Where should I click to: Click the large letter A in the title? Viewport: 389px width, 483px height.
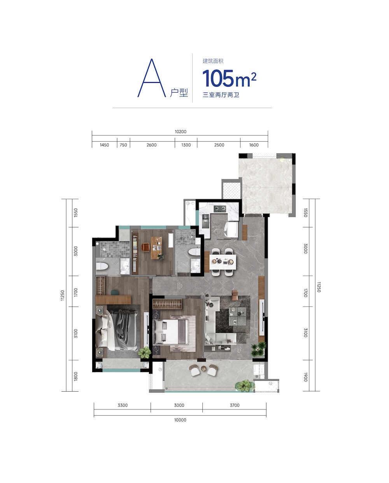tap(152, 79)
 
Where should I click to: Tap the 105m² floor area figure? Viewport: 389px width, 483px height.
tap(229, 78)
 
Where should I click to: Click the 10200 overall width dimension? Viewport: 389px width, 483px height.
tap(180, 132)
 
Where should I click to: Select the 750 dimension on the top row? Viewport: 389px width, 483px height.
tap(123, 145)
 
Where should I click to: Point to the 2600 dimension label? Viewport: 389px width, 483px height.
tap(152, 145)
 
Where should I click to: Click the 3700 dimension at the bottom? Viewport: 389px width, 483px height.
tap(235, 405)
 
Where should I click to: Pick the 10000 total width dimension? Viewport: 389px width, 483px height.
tap(180, 420)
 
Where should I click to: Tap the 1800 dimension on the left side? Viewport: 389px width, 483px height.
tap(76, 376)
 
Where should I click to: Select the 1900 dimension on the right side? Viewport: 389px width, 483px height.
tap(305, 377)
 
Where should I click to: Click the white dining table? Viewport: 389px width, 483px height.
tap(223, 262)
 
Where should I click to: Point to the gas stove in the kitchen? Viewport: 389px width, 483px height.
tap(219, 209)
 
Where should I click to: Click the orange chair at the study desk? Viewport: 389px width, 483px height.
tap(146, 247)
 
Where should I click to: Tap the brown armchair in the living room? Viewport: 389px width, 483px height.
tap(235, 295)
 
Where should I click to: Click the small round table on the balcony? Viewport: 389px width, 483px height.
tap(203, 368)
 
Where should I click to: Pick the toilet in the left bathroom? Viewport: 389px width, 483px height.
tap(102, 266)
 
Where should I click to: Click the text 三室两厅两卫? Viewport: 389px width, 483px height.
tap(221, 95)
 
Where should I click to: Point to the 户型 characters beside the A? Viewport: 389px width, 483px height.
tap(179, 93)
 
